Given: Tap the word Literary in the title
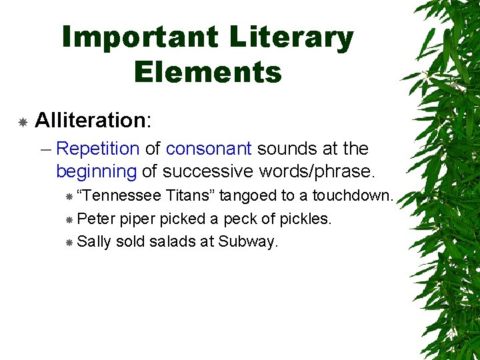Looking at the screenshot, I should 291,38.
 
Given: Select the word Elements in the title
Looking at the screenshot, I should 208,71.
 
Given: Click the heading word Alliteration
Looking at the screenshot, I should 90,120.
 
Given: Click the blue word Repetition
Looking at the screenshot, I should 97,149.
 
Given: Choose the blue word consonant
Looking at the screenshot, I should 209,149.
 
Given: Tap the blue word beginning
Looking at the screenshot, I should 96,171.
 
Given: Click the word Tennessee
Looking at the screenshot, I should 119,196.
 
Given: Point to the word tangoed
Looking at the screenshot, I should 251,196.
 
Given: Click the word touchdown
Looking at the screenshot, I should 353,196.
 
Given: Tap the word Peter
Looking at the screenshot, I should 96,219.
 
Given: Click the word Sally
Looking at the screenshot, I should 94,241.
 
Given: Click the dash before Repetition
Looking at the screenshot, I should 45,149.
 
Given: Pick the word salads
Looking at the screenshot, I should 172,241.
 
